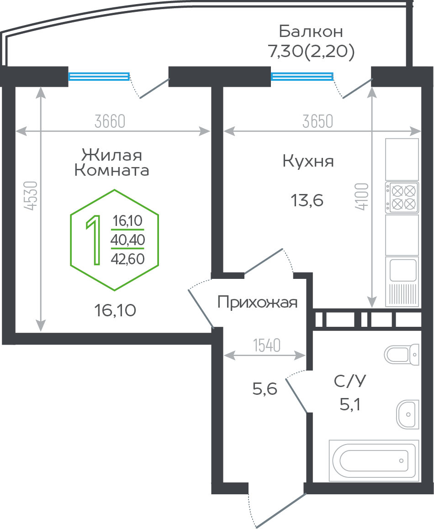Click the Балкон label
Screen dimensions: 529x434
[x=311, y=31]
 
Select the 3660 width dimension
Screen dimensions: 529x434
[x=110, y=121]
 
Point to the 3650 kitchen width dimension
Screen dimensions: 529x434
[x=318, y=121]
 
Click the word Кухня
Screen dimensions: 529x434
[x=308, y=161]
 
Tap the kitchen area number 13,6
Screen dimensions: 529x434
[x=307, y=200]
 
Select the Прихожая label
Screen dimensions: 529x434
[x=257, y=302]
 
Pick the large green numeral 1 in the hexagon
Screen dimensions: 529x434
[x=94, y=240]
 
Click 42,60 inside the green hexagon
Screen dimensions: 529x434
[x=128, y=259]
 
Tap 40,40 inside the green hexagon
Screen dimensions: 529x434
[x=128, y=240]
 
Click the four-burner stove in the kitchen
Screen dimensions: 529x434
[x=402, y=197]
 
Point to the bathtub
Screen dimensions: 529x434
[x=374, y=460]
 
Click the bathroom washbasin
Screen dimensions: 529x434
[x=407, y=414]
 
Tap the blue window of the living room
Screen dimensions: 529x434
[x=99, y=77]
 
